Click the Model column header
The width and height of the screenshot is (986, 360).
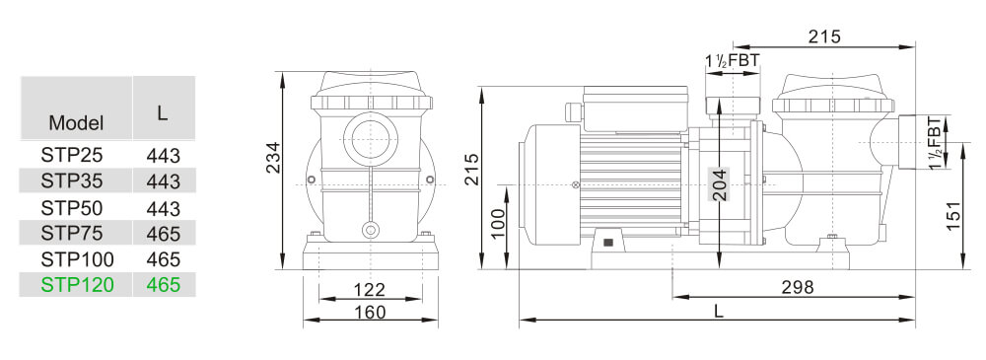tap(76, 123)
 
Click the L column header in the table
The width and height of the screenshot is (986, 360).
tap(163, 112)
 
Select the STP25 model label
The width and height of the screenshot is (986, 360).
tap(71, 155)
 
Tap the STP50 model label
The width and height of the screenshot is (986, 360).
tap(71, 208)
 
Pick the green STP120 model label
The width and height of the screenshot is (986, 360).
tap(78, 285)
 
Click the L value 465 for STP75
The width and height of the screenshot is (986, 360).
tap(163, 234)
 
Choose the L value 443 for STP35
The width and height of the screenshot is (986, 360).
tap(163, 181)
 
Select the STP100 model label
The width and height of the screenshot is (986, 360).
tap(78, 259)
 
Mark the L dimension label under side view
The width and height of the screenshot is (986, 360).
tap(719, 311)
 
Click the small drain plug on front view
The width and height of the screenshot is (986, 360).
tap(371, 231)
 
